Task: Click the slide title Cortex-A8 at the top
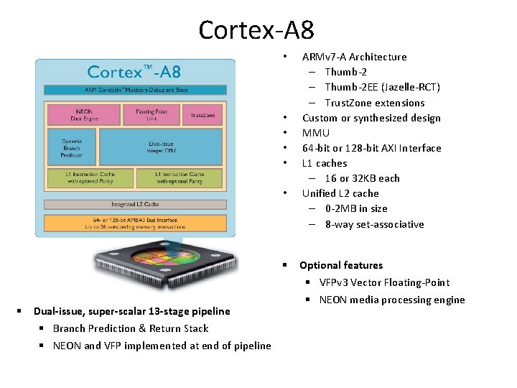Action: pos(256,30)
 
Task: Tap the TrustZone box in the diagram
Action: pos(203,115)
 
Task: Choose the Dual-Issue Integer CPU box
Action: pos(160,147)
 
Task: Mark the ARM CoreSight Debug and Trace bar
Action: pos(136,90)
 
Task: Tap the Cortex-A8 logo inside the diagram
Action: pos(134,72)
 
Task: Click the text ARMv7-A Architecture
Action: pos(354,57)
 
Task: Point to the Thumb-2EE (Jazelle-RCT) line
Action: pos(382,87)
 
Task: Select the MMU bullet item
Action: pos(316,133)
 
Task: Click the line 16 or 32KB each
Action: pos(362,178)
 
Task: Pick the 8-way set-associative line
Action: pos(374,224)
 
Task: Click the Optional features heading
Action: pos(341,265)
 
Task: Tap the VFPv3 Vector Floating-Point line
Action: pos(384,282)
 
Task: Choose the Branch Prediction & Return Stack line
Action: pos(131,328)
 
